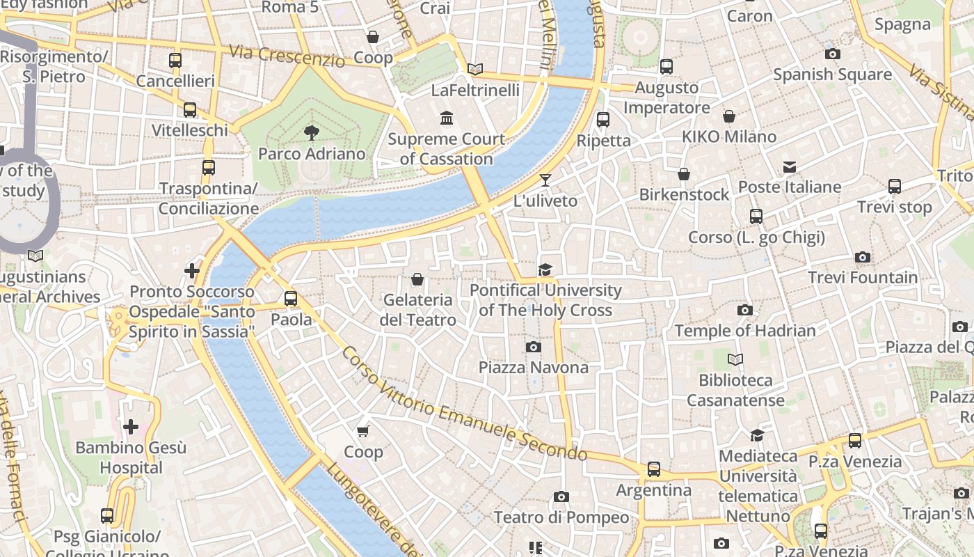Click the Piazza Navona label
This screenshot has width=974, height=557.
click(x=534, y=367)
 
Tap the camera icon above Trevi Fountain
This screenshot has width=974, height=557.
click(x=863, y=258)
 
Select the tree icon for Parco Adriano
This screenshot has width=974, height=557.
click(x=311, y=132)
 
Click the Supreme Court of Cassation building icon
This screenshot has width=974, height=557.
click(x=447, y=118)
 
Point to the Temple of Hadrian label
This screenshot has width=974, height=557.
click(x=745, y=331)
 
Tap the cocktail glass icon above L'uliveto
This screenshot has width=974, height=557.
click(x=545, y=180)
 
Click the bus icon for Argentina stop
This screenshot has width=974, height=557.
click(x=654, y=469)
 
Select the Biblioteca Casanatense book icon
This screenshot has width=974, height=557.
click(x=735, y=360)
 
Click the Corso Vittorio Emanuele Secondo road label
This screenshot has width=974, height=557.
click(x=464, y=404)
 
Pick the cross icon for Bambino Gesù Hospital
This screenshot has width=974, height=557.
click(x=131, y=426)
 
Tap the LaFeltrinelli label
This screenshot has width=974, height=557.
click(x=475, y=91)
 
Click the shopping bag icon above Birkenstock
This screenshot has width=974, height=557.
click(x=684, y=174)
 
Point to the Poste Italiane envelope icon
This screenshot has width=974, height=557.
click(x=790, y=167)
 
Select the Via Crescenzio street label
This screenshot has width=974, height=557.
click(x=287, y=56)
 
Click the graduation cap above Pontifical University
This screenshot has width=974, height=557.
click(x=545, y=269)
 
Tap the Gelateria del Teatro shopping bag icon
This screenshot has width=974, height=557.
click(x=417, y=280)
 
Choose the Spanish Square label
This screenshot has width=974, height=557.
click(x=832, y=74)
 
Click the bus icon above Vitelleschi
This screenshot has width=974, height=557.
click(x=190, y=110)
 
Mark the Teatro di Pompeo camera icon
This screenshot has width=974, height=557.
click(x=561, y=496)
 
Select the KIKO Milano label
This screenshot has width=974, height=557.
click(x=729, y=136)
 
